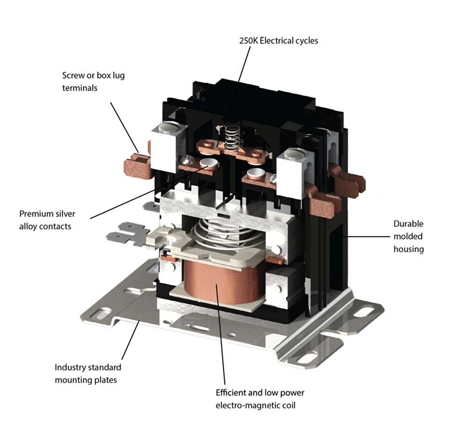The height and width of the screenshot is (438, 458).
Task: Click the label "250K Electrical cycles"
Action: [x=279, y=41]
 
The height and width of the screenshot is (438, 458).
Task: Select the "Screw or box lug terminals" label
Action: [x=89, y=82]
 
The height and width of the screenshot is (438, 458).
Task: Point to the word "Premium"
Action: [x=37, y=214]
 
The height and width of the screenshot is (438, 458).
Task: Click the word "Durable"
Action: [x=408, y=224]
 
